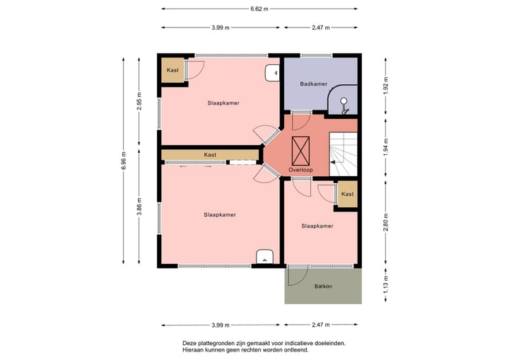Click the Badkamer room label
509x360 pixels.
314,84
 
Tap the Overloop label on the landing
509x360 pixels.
301,170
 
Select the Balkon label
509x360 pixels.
323,286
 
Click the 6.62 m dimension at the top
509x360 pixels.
259,8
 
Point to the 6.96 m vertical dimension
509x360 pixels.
123,161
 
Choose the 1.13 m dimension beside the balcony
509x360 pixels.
386,285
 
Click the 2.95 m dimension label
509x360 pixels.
139,101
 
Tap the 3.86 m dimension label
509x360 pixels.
139,207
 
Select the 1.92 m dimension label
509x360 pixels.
386,86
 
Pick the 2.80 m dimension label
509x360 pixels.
386,222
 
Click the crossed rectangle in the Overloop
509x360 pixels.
300,151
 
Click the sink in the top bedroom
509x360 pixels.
272,73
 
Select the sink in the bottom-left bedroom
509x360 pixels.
265,256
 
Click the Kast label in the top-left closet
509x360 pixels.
172,70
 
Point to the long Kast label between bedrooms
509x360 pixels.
210,155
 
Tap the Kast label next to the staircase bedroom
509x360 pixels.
347,194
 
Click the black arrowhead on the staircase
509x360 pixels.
332,162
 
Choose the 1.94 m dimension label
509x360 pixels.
386,147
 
